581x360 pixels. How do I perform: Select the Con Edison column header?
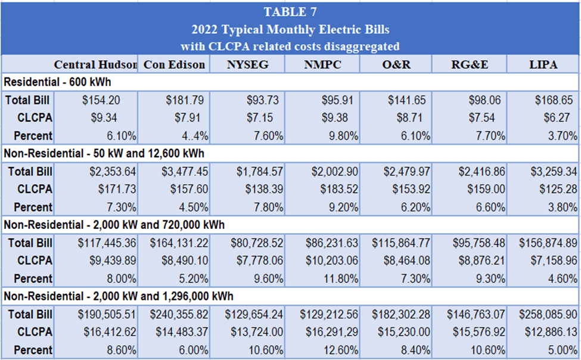175,64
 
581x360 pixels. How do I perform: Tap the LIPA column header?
543,64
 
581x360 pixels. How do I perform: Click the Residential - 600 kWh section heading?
57,82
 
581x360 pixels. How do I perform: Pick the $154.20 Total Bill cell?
101,100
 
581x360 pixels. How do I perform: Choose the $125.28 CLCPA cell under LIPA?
554,190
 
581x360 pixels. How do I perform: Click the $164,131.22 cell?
179,243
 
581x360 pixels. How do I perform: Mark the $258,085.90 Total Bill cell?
547,315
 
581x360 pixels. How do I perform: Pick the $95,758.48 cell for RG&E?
474,243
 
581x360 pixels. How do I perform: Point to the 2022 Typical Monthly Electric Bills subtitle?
290,29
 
